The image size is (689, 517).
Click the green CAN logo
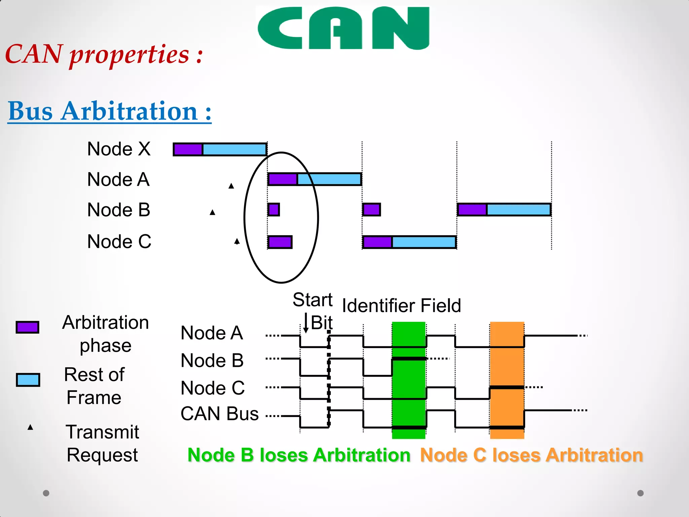[x=343, y=28]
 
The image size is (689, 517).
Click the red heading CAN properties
[x=104, y=55]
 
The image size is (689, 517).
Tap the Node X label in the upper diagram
[x=119, y=149]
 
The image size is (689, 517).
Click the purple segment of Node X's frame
[x=188, y=149]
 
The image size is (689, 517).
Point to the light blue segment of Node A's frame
[x=329, y=179]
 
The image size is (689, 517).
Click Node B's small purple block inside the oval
[x=274, y=210]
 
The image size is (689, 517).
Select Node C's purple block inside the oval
[x=280, y=242]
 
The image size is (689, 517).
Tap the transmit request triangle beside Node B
[x=212, y=212]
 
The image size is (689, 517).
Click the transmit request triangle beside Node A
[x=231, y=186]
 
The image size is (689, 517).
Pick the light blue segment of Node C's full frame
[x=424, y=242]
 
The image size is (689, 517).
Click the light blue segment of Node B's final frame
[x=518, y=210]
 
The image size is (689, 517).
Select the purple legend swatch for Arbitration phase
[x=28, y=327]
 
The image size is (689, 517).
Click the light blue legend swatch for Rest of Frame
[x=28, y=380]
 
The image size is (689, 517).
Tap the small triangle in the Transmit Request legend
[x=30, y=427]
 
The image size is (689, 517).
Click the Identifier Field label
[x=401, y=306]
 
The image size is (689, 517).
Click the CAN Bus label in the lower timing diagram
[x=219, y=414]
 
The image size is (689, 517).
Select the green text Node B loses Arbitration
[x=299, y=455]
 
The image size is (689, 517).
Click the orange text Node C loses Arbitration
[x=532, y=455]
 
